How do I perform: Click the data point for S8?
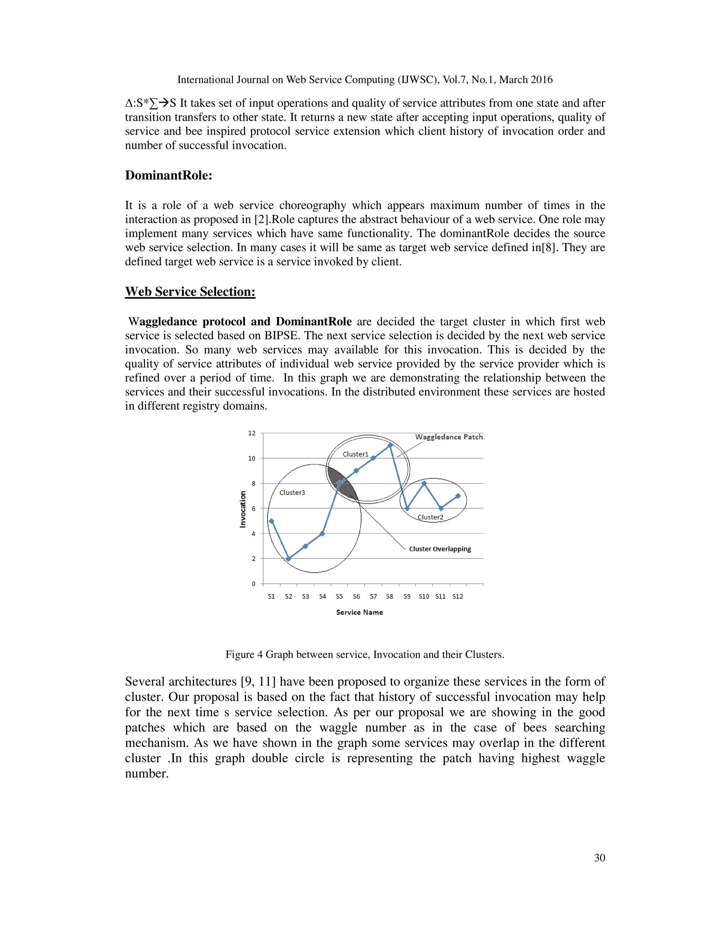[390, 445]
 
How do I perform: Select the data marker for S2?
[288, 559]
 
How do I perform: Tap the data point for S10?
[424, 484]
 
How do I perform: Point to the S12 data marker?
[458, 496]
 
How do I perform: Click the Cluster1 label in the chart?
[355, 454]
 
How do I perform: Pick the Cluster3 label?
[292, 492]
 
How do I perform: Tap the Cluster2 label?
[430, 517]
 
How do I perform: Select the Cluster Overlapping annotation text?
[440, 549]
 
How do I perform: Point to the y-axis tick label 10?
[251, 458]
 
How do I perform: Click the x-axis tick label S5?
[339, 597]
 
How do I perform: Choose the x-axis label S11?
[440, 597]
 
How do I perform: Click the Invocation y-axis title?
[243, 509]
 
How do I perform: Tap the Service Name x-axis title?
[359, 612]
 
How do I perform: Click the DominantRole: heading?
[168, 175]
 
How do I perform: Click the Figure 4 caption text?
[364, 654]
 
